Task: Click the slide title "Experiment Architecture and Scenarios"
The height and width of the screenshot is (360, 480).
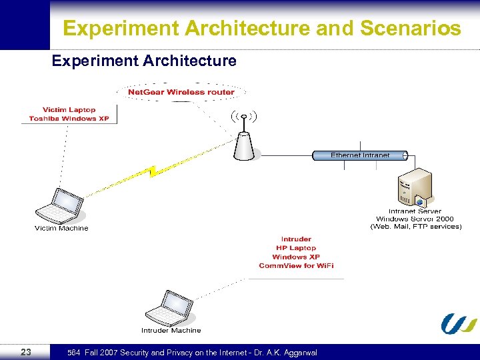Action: [x=261, y=29]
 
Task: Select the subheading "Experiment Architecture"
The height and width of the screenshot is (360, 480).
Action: [x=144, y=61]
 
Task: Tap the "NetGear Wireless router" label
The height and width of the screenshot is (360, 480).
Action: [x=181, y=91]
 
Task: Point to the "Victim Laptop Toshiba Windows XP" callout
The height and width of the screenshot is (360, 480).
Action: [x=69, y=114]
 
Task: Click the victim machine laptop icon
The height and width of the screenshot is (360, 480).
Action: [x=60, y=206]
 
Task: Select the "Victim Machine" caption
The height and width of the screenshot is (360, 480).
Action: [x=61, y=228]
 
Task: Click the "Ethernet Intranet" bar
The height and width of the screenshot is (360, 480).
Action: [x=361, y=155]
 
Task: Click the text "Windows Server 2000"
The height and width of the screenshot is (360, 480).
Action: [x=415, y=219]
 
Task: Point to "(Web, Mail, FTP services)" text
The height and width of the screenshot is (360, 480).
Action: [x=415, y=227]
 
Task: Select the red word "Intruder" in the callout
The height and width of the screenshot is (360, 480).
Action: [x=296, y=239]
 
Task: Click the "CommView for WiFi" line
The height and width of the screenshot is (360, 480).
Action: [x=296, y=266]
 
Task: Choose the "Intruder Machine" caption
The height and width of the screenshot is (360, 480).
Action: [x=171, y=330]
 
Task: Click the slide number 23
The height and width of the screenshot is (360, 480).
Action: [x=26, y=352]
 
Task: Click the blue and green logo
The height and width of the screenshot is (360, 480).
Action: [x=459, y=323]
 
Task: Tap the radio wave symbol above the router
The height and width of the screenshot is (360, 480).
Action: [x=244, y=117]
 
